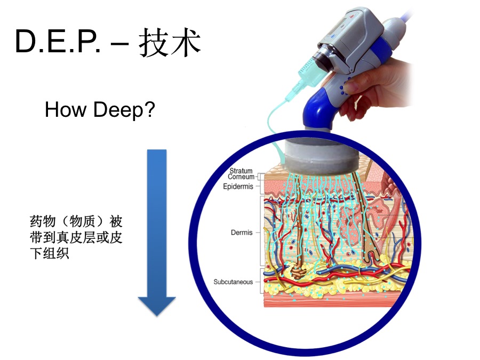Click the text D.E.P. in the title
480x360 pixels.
click(x=58, y=41)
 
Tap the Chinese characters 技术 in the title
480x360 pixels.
click(x=170, y=42)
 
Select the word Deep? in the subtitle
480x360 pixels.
click(x=124, y=109)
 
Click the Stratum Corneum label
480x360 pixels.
click(x=241, y=173)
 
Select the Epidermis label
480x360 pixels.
click(x=238, y=187)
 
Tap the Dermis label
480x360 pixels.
click(x=242, y=233)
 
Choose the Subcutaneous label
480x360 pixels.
click(x=233, y=282)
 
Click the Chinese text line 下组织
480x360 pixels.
click(x=49, y=253)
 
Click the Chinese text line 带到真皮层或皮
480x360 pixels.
click(x=76, y=237)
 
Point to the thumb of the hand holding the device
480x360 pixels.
click(x=357, y=83)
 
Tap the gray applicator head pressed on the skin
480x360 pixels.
click(x=322, y=156)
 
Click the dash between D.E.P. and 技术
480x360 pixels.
click(x=119, y=45)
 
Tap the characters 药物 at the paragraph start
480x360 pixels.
click(x=43, y=221)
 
